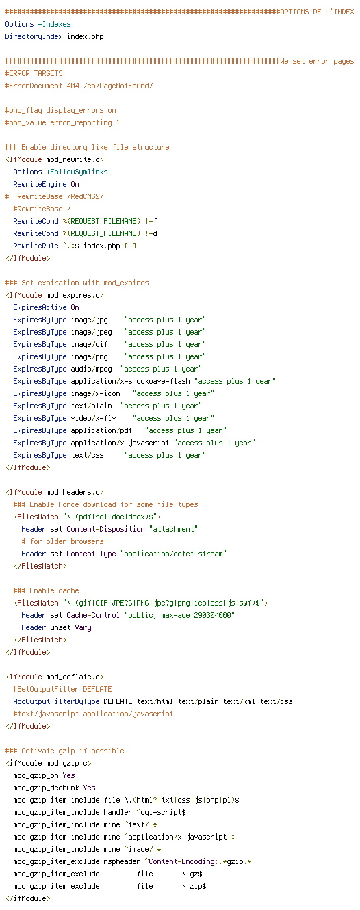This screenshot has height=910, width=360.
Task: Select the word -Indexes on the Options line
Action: tap(55, 25)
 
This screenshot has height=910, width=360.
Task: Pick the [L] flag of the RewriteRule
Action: tap(131, 246)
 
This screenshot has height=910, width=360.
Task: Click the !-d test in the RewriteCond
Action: tap(151, 233)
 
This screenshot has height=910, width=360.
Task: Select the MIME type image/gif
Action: tap(90, 345)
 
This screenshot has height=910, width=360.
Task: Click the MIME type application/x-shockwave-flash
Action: tap(131, 382)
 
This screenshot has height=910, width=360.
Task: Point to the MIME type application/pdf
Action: tap(101, 430)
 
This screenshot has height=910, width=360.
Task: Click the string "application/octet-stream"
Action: tap(174, 554)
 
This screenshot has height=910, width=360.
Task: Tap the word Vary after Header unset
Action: tap(83, 627)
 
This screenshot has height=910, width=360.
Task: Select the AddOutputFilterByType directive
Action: tap(57, 701)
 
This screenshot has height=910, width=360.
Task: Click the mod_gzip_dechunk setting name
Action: tap(47, 788)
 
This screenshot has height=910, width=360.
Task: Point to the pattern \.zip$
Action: tap(194, 886)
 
